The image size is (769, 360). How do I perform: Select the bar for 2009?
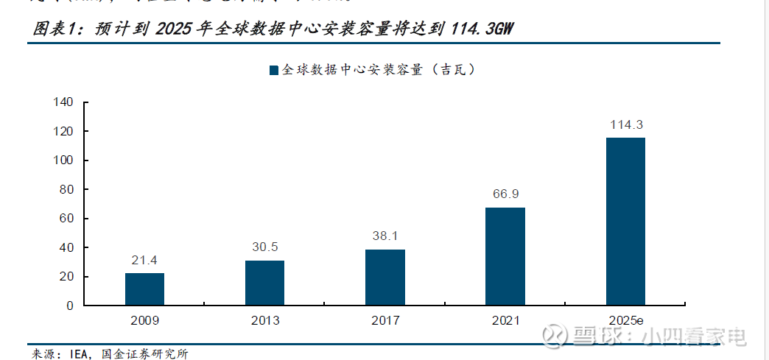click(144, 289)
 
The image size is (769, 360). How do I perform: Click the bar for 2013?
click(264, 283)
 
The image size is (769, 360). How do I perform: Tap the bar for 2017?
click(384, 277)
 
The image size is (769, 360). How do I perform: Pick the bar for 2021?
click(505, 256)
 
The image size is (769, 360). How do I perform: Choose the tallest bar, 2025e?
click(625, 221)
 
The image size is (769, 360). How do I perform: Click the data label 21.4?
click(144, 260)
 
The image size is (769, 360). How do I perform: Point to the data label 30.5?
click(264, 247)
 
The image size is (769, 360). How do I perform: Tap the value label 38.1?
click(384, 236)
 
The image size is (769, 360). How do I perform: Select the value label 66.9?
click(505, 194)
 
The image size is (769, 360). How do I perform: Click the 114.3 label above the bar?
click(625, 124)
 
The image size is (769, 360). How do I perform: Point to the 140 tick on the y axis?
click(63, 102)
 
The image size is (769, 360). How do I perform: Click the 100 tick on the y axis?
click(63, 160)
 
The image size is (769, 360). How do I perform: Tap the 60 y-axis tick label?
click(66, 219)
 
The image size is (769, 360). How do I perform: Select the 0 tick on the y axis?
click(70, 306)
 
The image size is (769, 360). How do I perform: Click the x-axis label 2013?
click(264, 321)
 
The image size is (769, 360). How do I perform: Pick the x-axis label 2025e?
click(625, 321)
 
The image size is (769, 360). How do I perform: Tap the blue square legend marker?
click(273, 70)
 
